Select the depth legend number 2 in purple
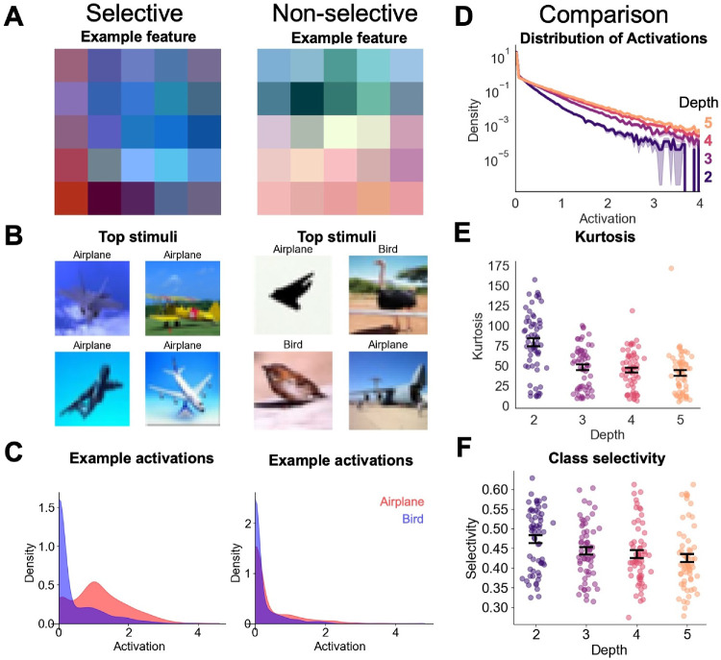tap(706, 177)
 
